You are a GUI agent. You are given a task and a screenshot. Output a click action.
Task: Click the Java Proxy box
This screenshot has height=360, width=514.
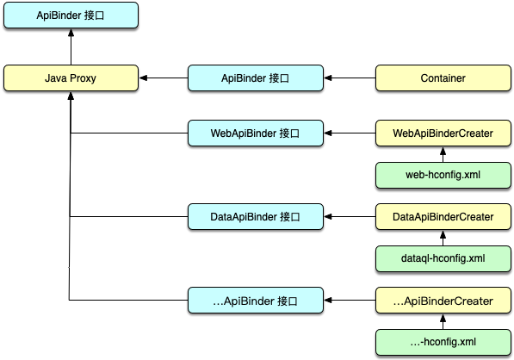pos(71,78)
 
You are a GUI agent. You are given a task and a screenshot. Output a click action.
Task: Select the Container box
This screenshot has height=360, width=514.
pos(443,78)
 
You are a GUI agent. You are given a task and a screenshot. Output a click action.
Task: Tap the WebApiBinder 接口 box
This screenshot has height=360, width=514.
pos(256,133)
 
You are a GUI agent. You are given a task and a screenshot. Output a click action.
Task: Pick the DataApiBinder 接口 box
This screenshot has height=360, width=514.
pos(256,217)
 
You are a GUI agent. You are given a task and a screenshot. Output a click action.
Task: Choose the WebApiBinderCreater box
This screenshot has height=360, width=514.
pos(443,133)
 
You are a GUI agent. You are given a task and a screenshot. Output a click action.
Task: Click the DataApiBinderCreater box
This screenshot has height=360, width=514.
pos(443,217)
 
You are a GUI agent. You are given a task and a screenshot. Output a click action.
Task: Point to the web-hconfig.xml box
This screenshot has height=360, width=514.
pos(443,175)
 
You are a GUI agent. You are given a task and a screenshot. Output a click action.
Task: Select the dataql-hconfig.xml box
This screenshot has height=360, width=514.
pos(443,258)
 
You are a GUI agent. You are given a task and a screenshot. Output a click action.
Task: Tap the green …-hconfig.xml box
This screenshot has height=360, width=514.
pos(443,342)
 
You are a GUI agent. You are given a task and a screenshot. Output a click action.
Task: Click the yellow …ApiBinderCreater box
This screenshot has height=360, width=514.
pos(443,301)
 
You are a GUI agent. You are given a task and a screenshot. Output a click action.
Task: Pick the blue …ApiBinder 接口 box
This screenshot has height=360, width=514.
pos(256,301)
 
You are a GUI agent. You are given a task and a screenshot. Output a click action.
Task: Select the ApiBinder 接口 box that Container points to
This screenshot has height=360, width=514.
pos(256,78)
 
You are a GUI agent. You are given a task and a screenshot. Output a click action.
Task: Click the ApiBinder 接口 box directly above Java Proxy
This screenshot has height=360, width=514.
pos(71,16)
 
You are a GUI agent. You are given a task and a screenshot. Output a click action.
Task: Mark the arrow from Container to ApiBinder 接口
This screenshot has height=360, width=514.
pos(350,78)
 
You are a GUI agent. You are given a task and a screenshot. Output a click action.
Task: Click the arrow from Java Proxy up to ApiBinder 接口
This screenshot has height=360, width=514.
pos(71,47)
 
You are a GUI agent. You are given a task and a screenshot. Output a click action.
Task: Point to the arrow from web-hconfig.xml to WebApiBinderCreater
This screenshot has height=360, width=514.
pos(443,154)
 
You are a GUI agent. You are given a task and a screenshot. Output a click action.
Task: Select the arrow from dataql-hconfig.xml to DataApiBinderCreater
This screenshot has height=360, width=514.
pos(443,238)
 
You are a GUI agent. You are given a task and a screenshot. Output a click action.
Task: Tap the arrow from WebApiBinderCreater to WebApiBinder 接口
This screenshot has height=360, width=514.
pos(350,133)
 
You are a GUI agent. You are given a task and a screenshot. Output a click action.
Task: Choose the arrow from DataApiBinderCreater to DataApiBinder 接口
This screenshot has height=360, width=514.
pos(350,217)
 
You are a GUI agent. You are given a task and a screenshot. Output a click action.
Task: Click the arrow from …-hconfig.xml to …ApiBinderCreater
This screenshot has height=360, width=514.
pos(443,321)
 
